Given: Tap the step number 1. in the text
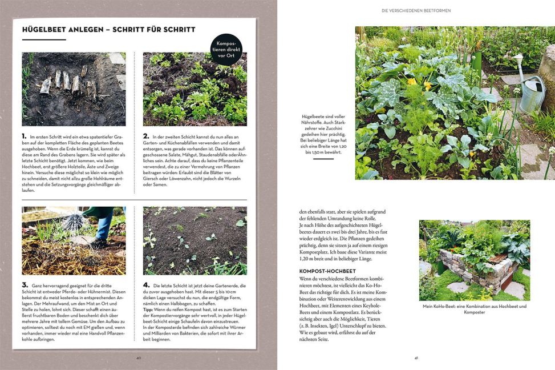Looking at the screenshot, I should click(24, 138).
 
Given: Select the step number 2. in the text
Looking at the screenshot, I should click(145, 138).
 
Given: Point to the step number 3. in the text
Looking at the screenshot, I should click(25, 285).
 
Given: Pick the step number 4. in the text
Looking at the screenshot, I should click(145, 285).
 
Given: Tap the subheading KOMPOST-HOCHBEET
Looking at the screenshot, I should click(327, 271).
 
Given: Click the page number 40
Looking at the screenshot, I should click(138, 358).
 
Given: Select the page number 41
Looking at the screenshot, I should click(416, 358).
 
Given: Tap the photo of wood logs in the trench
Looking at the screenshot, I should click(74, 89).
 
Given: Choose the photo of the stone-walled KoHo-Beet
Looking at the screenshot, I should click(474, 260).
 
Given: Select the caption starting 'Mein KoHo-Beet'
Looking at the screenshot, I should click(474, 309).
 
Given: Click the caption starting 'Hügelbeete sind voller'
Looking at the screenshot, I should click(323, 134).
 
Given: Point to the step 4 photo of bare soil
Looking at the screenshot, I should click(195, 240).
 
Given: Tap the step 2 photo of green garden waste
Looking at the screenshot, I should click(195, 89).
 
